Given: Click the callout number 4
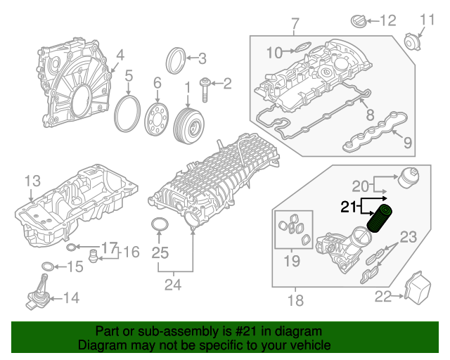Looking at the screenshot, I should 120,54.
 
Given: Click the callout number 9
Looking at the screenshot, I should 408,144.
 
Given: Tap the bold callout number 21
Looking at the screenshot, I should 349,207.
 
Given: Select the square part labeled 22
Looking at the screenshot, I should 419,288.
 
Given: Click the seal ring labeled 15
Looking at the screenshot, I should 48,266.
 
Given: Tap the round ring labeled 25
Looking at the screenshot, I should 161,226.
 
